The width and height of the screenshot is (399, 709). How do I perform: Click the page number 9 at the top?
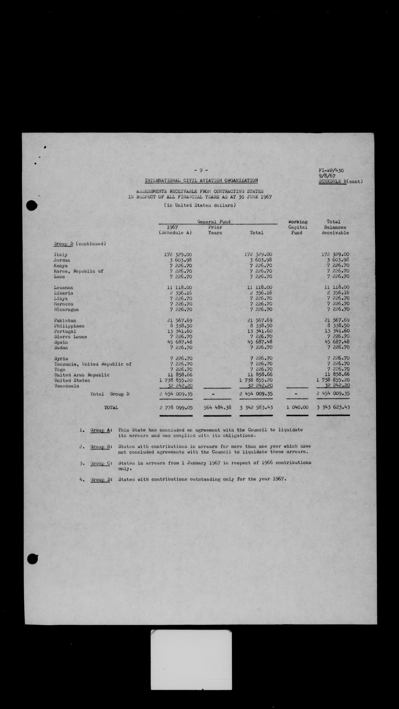pos(201,170)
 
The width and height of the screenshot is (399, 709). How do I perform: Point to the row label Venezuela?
pos(67,386)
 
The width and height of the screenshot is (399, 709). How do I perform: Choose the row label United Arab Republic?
pos(82,375)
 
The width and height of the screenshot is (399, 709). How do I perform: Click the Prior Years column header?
pos(215,230)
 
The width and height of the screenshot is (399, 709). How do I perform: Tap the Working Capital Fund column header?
pos(298,227)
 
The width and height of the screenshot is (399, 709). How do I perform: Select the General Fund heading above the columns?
pos(214,222)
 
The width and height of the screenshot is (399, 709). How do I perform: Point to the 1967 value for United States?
pos(176,380)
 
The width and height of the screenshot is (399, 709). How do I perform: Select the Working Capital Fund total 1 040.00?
pos(297,407)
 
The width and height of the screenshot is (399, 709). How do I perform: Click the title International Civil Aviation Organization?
pos(201,181)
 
